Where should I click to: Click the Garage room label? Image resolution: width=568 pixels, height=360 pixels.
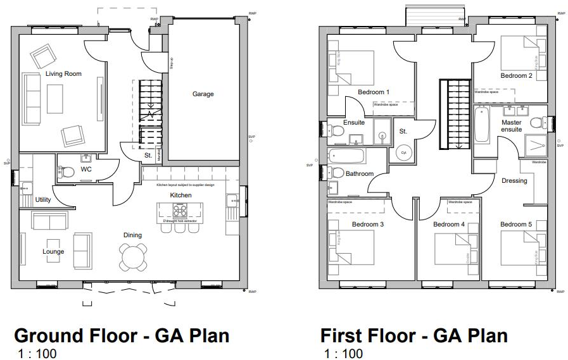pyautogui.click(x=203, y=94)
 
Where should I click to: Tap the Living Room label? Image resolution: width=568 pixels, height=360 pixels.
pyautogui.click(x=63, y=74)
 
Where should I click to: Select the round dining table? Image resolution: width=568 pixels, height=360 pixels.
pyautogui.click(x=133, y=256)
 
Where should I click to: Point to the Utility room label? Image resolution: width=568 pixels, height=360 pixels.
pyautogui.click(x=43, y=200)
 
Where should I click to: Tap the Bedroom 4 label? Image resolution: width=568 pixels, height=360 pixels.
pyautogui.click(x=449, y=225)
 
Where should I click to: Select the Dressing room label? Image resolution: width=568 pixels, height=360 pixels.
pyautogui.click(x=514, y=181)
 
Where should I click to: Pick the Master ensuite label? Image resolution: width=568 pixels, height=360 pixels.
pyautogui.click(x=512, y=125)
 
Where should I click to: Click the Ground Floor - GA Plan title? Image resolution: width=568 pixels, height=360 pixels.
pyautogui.click(x=122, y=335)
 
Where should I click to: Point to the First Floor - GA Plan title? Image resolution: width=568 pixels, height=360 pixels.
pyautogui.click(x=414, y=335)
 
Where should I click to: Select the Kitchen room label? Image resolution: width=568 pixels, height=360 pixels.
pyautogui.click(x=180, y=196)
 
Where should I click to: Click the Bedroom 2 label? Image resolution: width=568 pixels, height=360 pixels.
pyautogui.click(x=516, y=76)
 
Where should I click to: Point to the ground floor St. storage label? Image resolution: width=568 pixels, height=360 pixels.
pyautogui.click(x=148, y=154)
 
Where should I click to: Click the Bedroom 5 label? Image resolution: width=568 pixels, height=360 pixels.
pyautogui.click(x=516, y=225)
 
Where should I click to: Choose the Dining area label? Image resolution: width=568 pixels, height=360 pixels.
pyautogui.click(x=132, y=235)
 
